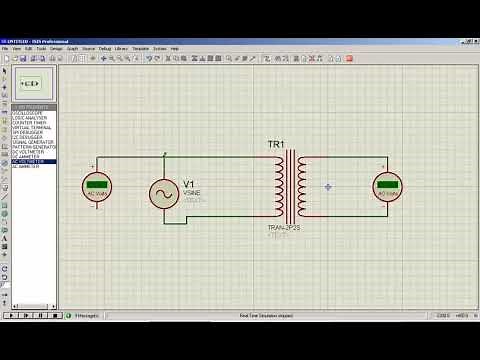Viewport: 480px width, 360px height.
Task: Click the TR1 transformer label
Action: tap(276, 146)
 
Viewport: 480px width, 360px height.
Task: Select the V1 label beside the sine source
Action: tap(188, 184)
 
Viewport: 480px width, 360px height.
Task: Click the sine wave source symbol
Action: tap(164, 193)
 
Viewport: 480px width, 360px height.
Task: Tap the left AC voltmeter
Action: tap(97, 185)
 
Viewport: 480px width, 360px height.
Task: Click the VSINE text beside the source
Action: tap(192, 193)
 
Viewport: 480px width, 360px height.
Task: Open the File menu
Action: tap(5, 48)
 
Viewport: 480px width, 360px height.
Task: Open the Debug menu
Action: tap(105, 48)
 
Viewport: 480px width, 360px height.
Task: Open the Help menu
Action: tap(174, 48)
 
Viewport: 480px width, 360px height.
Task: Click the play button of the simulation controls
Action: tap(11, 315)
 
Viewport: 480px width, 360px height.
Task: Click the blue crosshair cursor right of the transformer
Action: tap(327, 187)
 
